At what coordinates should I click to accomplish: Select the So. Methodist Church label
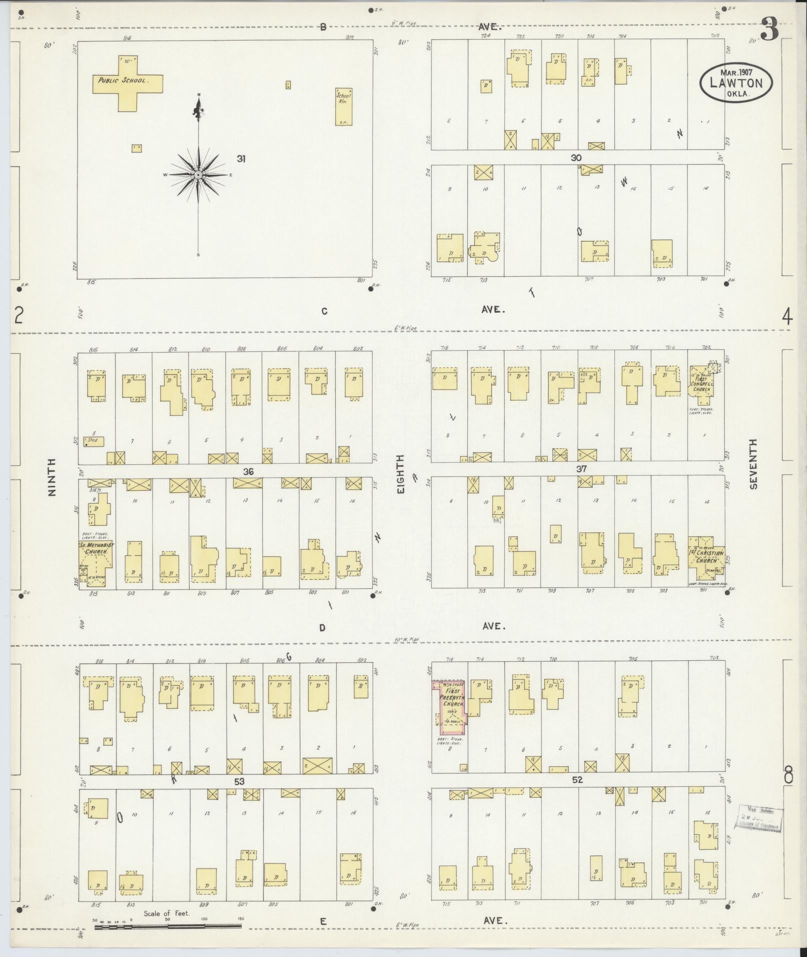click(96, 548)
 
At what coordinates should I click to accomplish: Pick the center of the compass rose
click(199, 175)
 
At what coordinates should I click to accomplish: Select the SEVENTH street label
click(753, 464)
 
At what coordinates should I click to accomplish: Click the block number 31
click(242, 159)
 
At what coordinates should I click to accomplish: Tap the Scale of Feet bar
click(168, 926)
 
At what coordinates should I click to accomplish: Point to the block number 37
click(581, 469)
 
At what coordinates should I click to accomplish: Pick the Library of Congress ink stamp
click(760, 819)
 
